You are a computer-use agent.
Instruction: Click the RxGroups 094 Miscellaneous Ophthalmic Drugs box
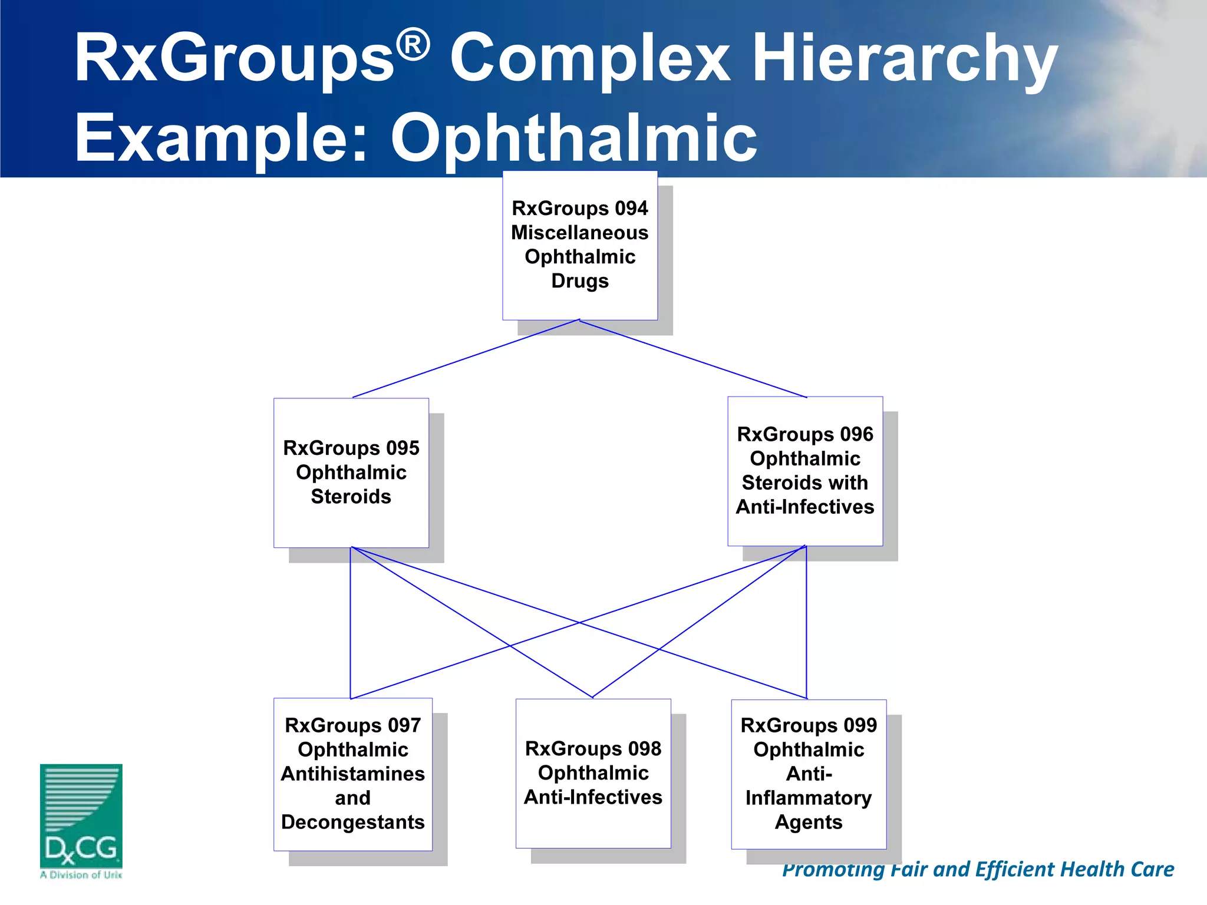click(580, 245)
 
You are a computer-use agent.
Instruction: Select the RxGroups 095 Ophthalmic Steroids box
click(351, 473)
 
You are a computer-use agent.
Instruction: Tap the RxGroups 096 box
click(805, 471)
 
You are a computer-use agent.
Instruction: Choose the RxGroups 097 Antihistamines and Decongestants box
click(353, 774)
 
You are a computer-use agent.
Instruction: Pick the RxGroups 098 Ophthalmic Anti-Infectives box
click(593, 773)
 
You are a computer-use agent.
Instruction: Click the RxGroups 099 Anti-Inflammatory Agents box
click(809, 774)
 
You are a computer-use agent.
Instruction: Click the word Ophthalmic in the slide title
click(573, 138)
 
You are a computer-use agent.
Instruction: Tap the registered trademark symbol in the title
click(413, 46)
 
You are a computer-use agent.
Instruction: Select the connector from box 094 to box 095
click(466, 359)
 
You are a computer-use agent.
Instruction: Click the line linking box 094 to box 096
click(693, 359)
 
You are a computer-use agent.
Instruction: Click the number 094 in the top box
click(631, 209)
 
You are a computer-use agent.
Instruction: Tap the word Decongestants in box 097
click(353, 822)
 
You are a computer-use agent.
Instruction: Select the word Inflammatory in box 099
click(809, 798)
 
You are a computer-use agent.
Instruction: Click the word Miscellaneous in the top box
click(580, 233)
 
